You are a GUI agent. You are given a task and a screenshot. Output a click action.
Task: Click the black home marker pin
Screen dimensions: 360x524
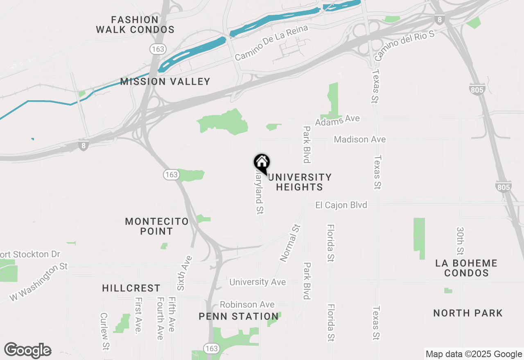click(x=262, y=163)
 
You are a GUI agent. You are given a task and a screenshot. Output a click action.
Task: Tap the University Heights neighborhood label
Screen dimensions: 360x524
click(x=299, y=182)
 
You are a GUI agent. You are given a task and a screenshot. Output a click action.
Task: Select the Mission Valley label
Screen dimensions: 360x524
click(x=165, y=81)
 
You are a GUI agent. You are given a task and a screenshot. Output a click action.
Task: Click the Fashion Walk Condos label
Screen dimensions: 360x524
click(x=135, y=25)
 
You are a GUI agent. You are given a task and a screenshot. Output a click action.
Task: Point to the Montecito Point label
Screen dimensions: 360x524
click(x=157, y=226)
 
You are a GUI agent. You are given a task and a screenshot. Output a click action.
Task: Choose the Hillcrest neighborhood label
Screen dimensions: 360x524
click(x=131, y=288)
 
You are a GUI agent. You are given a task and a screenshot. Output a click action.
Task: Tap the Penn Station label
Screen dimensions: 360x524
click(x=239, y=316)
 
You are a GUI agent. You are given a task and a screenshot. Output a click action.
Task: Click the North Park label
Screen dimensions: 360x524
click(x=468, y=313)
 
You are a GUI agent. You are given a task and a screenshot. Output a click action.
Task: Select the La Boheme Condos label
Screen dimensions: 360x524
click(x=466, y=268)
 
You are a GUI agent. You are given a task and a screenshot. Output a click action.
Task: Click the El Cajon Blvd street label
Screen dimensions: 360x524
click(x=341, y=205)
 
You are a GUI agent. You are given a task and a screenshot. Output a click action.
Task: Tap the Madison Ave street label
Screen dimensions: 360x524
click(x=359, y=139)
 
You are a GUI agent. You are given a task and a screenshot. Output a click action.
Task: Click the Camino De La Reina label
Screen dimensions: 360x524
click(x=271, y=43)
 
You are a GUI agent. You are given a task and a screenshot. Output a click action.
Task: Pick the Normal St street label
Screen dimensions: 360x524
click(x=290, y=243)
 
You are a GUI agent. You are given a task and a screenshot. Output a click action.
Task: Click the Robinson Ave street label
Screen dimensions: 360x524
click(x=247, y=305)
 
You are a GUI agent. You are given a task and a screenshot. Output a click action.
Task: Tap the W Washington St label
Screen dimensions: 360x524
click(x=39, y=283)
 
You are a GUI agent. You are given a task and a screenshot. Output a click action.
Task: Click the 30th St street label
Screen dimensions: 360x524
click(x=460, y=241)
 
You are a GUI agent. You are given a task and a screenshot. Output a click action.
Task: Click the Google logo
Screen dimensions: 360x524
click(x=27, y=350)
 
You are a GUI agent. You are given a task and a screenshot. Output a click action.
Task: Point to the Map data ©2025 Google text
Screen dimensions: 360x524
click(x=474, y=354)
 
